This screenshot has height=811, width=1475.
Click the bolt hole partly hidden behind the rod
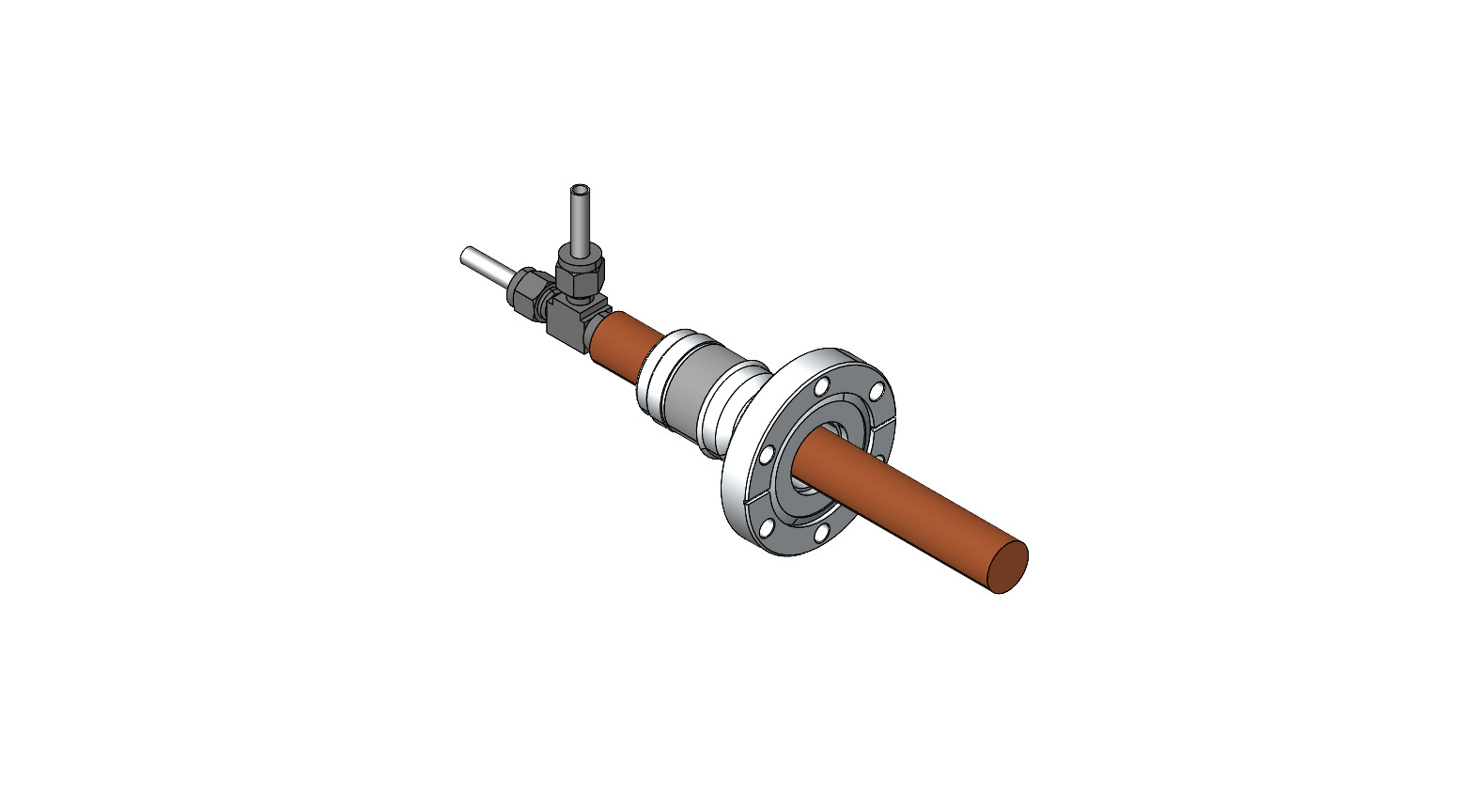tap(879, 458)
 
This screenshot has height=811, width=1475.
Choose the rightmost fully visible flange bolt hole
tap(877, 391)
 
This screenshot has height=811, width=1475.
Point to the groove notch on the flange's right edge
tap(884, 428)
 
